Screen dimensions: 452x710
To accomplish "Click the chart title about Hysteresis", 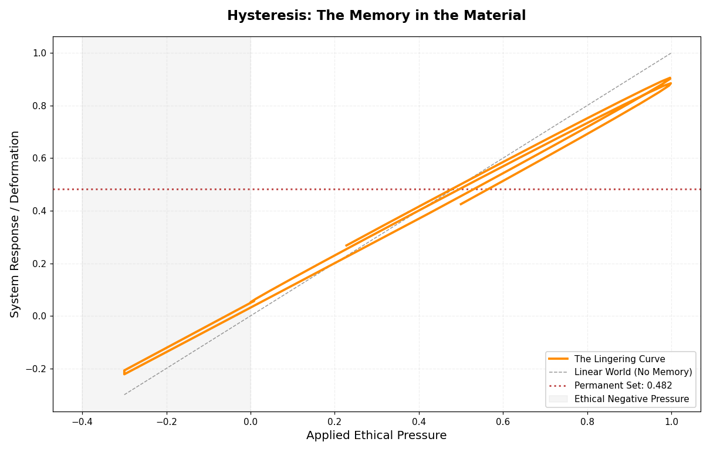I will pos(376,16).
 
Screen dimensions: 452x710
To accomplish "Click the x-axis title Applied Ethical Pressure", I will pos(376,436).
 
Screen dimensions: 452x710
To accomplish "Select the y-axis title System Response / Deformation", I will pos(15,224).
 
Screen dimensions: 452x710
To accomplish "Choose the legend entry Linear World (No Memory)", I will pos(633,372).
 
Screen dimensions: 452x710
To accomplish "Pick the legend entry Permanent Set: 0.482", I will pos(623,386).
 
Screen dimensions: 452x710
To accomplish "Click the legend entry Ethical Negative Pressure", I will pos(631,399).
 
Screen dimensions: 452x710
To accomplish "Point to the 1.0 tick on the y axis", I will pos(39,53).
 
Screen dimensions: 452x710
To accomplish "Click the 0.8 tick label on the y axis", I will pos(39,106).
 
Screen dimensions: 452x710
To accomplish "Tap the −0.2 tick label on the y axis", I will pos(36,369).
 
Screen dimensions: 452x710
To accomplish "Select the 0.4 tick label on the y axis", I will pos(39,211).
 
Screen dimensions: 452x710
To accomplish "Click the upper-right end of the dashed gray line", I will pos(671,53).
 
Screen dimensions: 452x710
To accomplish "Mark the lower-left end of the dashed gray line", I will pos(124,394).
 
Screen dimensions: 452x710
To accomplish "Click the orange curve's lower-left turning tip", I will pos(124,373).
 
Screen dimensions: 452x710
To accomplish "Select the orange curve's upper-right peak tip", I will pos(670,79).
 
